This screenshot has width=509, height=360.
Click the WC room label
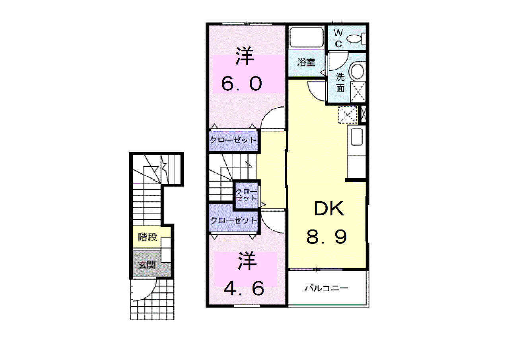[338, 38]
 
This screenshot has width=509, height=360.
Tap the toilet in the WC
[356, 39]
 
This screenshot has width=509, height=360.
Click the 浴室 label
[306, 62]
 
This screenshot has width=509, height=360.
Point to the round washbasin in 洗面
[357, 71]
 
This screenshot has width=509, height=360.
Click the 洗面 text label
[340, 82]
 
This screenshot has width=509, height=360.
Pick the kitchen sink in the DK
[357, 137]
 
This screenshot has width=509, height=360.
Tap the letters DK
[329, 208]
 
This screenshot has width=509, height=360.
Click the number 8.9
[327, 237]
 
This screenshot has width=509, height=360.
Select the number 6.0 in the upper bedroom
[241, 84]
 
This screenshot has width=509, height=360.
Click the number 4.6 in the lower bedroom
[244, 288]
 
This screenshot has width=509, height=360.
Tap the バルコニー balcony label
[326, 288]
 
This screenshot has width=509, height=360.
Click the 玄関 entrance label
[147, 265]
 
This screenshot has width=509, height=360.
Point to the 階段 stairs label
[148, 237]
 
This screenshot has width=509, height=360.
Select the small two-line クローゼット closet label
[247, 195]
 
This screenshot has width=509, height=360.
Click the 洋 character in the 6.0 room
[245, 56]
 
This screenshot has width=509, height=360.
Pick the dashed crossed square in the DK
[348, 115]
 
